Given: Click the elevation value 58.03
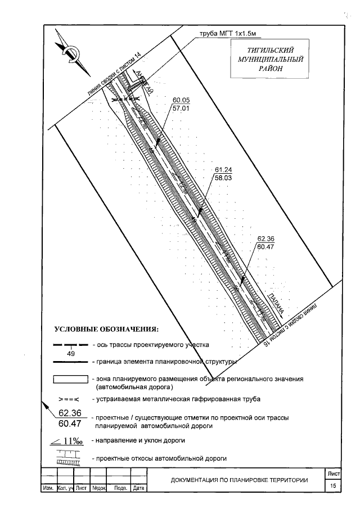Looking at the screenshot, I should point(223,177).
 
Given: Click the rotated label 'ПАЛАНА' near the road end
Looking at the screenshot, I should point(275,304).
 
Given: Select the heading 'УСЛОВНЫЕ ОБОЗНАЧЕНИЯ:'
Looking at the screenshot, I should point(106,328).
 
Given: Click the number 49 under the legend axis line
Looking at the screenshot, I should point(71,354).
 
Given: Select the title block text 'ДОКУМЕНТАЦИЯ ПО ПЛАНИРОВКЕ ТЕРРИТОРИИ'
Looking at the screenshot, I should point(240,480).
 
